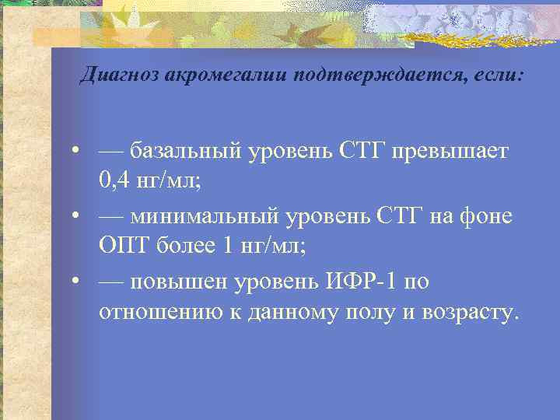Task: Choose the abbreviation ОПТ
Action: tap(121, 247)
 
